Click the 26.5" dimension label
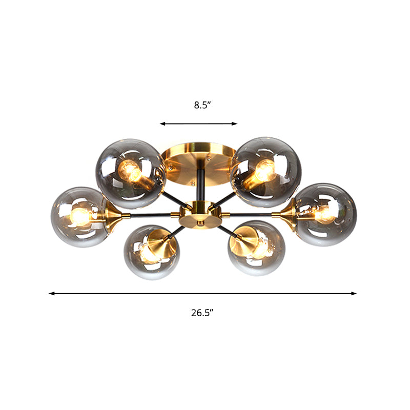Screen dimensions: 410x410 click(x=202, y=313)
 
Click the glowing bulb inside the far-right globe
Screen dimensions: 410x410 click(x=324, y=214)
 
